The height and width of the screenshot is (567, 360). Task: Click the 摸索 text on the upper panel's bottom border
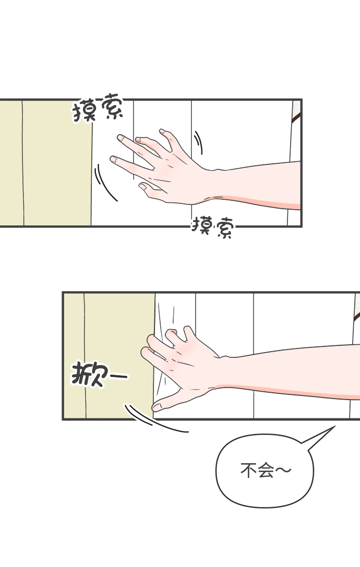point(213,227)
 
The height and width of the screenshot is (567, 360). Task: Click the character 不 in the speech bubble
point(248,471)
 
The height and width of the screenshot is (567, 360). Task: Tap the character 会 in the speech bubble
point(266,471)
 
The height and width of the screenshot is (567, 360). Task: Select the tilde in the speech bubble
point(283,470)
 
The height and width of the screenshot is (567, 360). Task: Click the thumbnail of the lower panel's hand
point(157,407)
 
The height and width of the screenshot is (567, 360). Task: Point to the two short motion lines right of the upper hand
point(198,143)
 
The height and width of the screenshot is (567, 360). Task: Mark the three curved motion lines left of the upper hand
point(105,183)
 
